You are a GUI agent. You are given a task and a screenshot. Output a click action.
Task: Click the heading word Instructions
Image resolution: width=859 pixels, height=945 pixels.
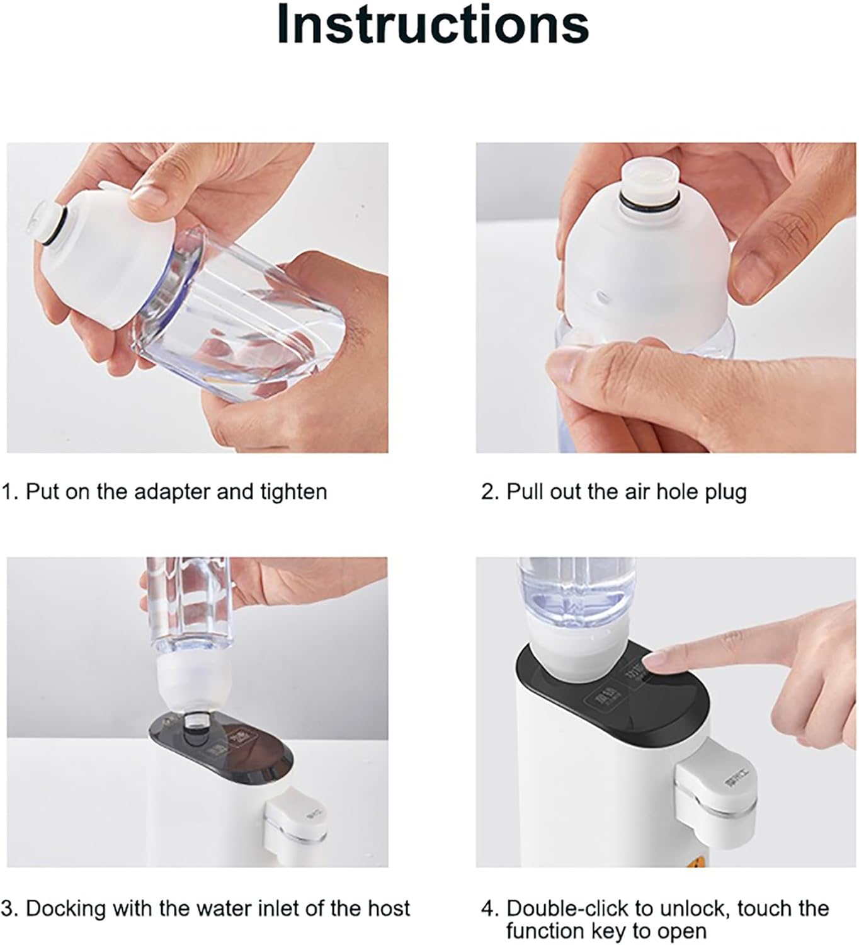[433, 25]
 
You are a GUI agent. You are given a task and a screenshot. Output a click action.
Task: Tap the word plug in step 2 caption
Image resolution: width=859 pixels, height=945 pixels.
[725, 491]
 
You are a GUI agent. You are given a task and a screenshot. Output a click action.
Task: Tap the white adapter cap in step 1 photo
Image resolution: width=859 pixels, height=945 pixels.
[101, 258]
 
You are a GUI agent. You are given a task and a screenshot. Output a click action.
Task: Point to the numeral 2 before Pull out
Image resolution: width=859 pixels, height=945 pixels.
[488, 491]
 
